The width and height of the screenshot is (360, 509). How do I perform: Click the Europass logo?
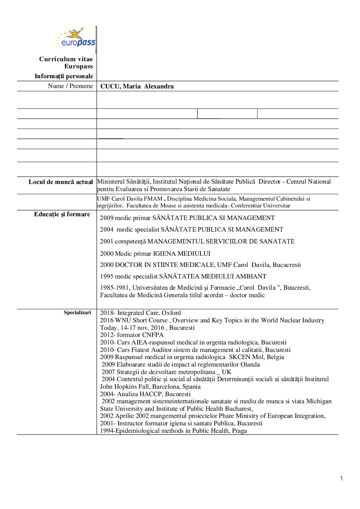tap(76, 38)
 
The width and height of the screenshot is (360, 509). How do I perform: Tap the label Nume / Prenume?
tap(70, 86)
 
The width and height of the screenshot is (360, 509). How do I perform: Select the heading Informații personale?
tap(64, 76)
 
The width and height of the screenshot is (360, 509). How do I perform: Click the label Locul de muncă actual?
tap(61, 182)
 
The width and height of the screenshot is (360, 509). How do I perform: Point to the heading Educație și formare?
tap(62, 214)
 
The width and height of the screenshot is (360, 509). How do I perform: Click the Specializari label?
tap(77, 312)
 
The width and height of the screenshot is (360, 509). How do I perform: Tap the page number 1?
tap(341, 479)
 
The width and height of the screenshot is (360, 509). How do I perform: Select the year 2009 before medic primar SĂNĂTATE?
tap(107, 218)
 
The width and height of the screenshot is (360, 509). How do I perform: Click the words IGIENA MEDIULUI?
tap(181, 254)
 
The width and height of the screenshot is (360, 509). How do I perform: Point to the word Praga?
tap(240, 431)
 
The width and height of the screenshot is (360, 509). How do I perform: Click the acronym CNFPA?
tap(153, 335)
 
